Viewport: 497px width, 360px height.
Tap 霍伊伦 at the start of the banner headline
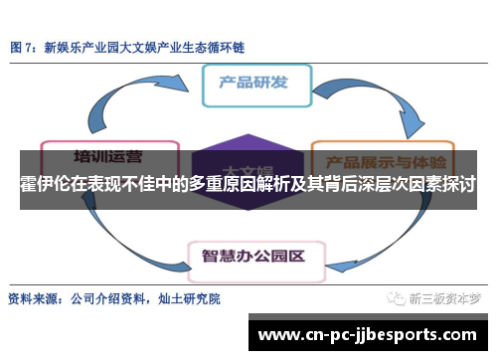43,186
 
